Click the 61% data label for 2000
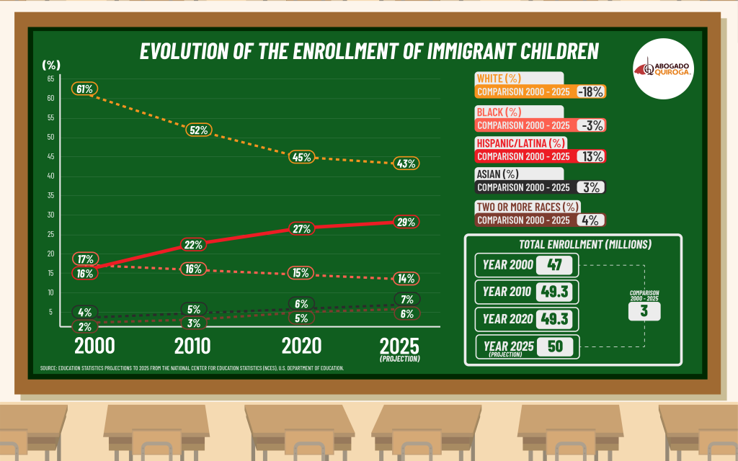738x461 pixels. point(84,89)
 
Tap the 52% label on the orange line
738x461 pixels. point(199,130)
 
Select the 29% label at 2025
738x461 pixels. point(406,222)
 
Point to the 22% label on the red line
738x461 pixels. point(193,245)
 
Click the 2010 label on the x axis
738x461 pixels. point(192,346)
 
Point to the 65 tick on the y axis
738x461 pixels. point(50,79)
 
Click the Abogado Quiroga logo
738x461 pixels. point(662,69)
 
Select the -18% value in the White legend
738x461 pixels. point(590,91)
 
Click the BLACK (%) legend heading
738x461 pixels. point(499,112)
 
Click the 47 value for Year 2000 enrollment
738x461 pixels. point(554,265)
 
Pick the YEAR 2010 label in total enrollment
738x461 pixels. point(507,292)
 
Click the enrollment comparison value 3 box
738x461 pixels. point(644,311)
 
